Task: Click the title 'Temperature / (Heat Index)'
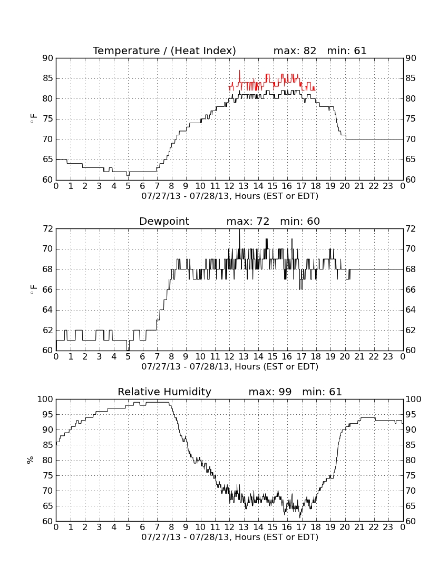point(164,51)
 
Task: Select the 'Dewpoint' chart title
point(164,221)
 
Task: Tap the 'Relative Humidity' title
point(164,392)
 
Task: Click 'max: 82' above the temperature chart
point(295,51)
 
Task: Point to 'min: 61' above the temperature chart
point(347,51)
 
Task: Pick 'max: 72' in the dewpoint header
point(248,221)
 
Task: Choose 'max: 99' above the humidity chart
point(270,392)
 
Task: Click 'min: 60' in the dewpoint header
point(300,221)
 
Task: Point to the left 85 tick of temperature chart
point(48,78)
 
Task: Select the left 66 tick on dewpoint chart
point(48,290)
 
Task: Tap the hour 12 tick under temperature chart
point(230,186)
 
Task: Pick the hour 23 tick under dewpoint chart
point(388,357)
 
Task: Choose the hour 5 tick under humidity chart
point(128,527)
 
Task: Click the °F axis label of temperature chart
point(33,119)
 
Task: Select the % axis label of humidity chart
point(31,460)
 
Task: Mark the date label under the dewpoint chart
point(230,367)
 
